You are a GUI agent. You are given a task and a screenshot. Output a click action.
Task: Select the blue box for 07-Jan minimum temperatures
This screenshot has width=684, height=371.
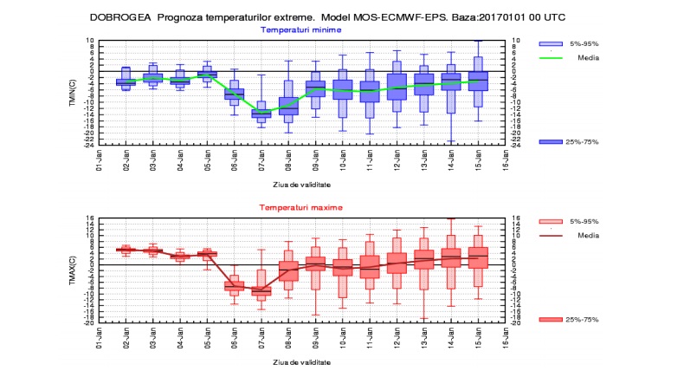[261, 113]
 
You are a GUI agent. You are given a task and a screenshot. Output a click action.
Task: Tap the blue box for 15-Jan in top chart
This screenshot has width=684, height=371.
[477, 81]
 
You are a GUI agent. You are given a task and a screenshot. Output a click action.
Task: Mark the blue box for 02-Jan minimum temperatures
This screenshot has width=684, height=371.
[126, 81]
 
